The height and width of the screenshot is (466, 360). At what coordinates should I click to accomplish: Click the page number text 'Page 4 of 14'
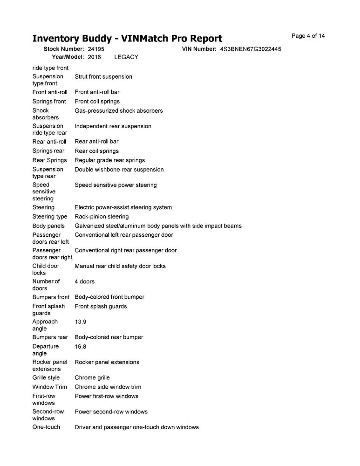(308, 36)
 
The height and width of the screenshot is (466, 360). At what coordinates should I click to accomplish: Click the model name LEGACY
(126, 57)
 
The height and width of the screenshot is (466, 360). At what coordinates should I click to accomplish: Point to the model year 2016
(94, 57)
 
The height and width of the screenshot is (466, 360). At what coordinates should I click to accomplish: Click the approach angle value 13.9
(81, 322)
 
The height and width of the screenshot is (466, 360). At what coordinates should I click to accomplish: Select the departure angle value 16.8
(81, 347)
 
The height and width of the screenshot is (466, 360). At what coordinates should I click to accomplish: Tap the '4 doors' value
(84, 281)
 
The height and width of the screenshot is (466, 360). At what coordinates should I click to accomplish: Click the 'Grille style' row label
(46, 377)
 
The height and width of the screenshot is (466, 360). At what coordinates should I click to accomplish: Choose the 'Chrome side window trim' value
(108, 387)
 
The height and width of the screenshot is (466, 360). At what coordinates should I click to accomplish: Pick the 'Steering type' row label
(50, 217)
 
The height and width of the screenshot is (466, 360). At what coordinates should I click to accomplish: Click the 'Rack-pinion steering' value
(102, 217)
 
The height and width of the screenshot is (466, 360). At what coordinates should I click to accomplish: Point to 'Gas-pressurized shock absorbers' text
(119, 111)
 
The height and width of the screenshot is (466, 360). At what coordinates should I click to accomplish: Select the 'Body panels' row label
(48, 226)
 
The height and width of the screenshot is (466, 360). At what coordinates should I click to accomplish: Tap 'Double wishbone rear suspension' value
(119, 170)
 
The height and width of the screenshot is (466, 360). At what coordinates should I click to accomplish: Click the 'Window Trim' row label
(49, 387)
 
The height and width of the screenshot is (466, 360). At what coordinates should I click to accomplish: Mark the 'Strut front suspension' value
(103, 76)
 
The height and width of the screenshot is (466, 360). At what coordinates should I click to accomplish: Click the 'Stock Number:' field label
(64, 49)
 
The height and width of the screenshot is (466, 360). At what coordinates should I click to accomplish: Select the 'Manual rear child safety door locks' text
(120, 266)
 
